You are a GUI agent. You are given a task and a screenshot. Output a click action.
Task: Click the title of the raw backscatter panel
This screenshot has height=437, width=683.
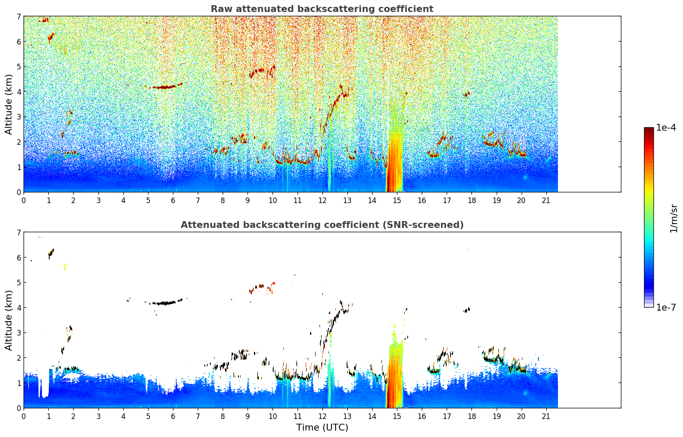click(322, 9)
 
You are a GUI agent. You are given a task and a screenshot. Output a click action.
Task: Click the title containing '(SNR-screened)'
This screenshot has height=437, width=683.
click(322, 224)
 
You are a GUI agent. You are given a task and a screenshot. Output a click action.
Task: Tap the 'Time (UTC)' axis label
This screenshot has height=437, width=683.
click(322, 427)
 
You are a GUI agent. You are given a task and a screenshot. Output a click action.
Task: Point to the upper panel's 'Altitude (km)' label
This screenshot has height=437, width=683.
click(9, 104)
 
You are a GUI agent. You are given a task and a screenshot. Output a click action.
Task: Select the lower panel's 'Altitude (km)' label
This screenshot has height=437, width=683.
click(9, 320)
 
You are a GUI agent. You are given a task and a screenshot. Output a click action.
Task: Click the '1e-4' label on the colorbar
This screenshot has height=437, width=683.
click(666, 128)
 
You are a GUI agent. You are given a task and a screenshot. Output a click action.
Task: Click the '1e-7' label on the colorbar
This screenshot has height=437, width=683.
click(666, 307)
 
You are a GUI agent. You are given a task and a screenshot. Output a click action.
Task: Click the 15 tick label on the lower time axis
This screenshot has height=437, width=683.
click(397, 416)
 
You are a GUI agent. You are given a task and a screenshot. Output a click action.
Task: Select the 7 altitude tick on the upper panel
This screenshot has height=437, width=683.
click(19, 16)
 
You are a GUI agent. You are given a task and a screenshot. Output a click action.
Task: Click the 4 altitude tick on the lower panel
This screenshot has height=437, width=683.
click(19, 308)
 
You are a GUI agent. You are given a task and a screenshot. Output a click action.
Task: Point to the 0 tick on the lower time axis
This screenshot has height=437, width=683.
click(24, 416)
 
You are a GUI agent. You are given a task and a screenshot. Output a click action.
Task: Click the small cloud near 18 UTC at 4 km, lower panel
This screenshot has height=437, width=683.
click(466, 310)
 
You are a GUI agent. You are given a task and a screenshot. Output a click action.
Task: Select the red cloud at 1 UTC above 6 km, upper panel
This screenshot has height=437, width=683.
click(51, 38)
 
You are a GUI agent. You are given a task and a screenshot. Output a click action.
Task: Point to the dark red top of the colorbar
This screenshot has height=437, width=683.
click(649, 129)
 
